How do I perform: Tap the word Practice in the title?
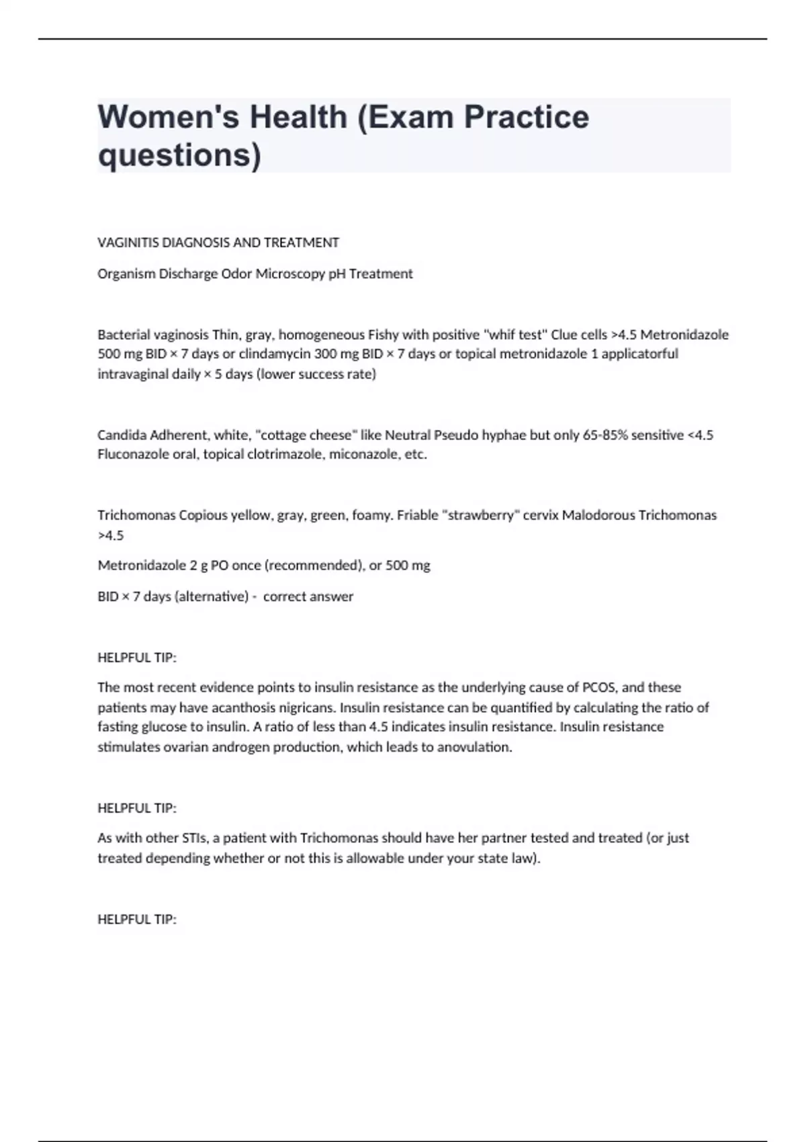click(x=527, y=117)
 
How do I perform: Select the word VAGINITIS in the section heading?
click(x=128, y=243)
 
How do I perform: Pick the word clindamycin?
click(x=275, y=354)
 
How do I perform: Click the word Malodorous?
click(x=598, y=515)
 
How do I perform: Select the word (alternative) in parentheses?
click(x=212, y=597)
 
